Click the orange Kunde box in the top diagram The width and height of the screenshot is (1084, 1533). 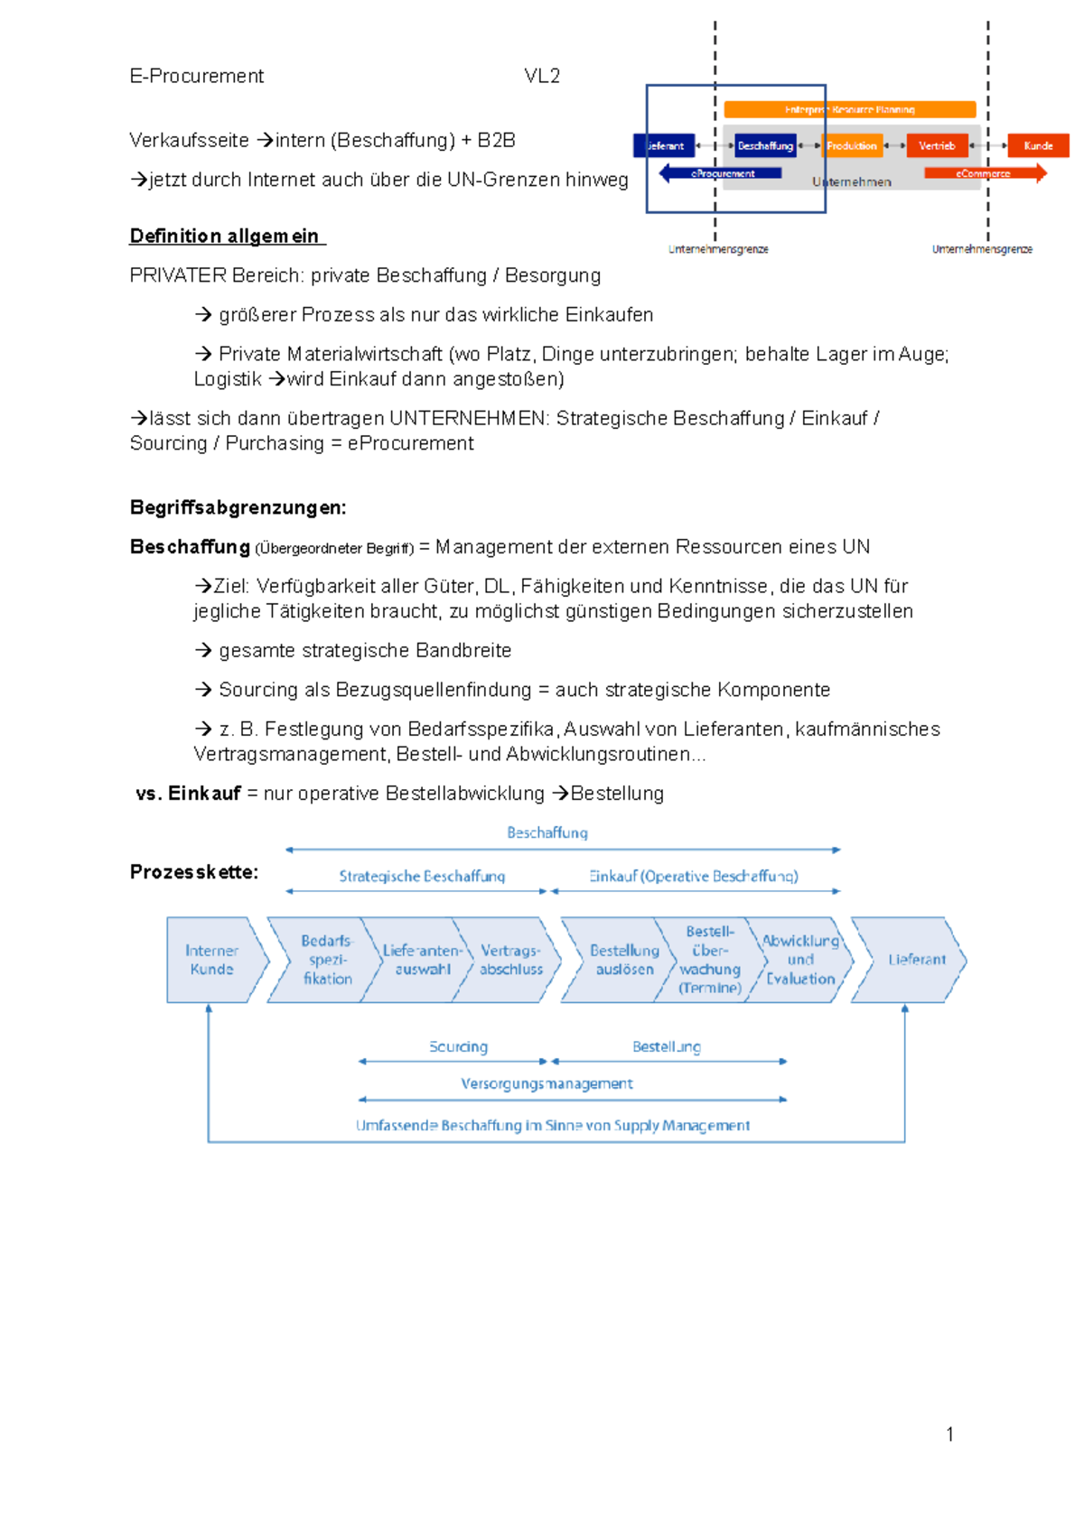(x=1038, y=145)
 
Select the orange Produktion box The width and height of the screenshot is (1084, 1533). (x=852, y=145)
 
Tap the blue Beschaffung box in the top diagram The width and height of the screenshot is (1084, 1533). (x=765, y=145)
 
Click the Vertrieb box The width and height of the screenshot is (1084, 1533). (x=937, y=145)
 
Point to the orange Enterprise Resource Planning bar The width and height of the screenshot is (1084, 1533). (x=849, y=109)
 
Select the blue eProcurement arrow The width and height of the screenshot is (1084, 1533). (x=721, y=173)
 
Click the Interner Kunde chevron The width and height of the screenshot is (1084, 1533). (x=212, y=960)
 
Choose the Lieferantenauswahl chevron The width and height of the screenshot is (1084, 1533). (x=421, y=960)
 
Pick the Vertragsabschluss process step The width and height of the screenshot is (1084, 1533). (x=511, y=960)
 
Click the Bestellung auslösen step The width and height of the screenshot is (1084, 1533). (x=623, y=960)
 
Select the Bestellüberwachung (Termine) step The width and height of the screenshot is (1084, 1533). (x=710, y=960)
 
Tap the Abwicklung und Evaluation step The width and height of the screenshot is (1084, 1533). (x=800, y=960)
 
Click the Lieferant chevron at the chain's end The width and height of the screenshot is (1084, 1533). (x=914, y=960)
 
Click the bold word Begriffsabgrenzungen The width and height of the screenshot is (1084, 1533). (x=238, y=507)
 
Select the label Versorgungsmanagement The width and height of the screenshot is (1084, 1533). (x=547, y=1083)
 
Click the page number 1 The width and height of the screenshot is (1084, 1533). (x=949, y=1435)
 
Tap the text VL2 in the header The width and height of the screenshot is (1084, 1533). (x=542, y=76)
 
